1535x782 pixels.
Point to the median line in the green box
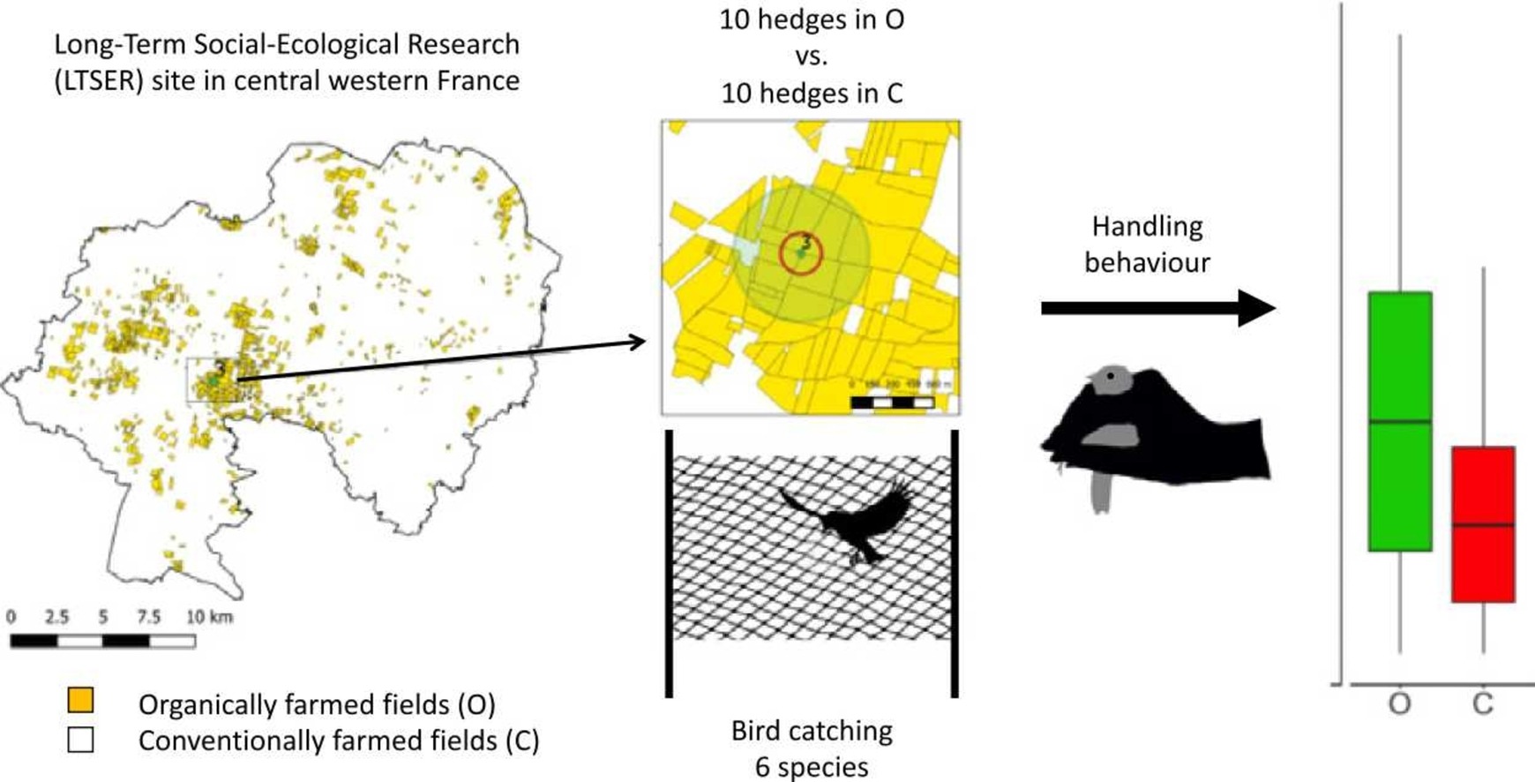click(x=1400, y=422)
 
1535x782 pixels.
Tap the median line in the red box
click(x=1483, y=525)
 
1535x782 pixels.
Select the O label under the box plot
click(x=1399, y=703)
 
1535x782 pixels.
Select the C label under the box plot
click(x=1483, y=703)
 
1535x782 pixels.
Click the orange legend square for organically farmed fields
click(x=80, y=701)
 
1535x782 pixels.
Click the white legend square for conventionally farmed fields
click(x=80, y=739)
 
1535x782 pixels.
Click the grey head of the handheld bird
click(x=1110, y=379)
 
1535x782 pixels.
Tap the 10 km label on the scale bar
click(x=209, y=616)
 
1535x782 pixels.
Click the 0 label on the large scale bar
click(x=11, y=616)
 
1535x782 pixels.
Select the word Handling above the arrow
click(x=1147, y=227)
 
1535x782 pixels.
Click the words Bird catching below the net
click(x=812, y=731)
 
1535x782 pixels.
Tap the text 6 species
click(x=812, y=766)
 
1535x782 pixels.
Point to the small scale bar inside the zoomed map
click(x=892, y=402)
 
